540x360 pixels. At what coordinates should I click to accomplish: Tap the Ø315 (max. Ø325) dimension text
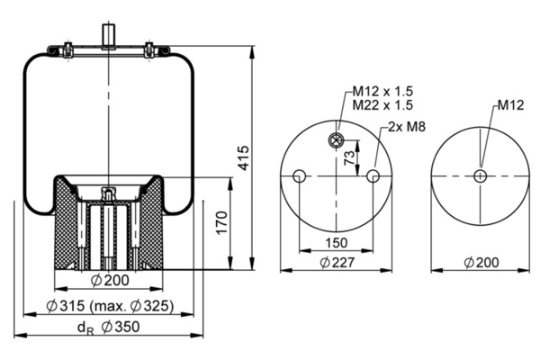click(x=111, y=305)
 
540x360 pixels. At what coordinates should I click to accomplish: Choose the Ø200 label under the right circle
click(x=481, y=263)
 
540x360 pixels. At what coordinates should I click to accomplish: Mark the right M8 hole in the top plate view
click(x=373, y=175)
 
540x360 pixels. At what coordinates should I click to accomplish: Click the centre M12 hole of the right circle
click(x=481, y=175)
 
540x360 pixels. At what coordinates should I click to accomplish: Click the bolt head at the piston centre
click(x=108, y=193)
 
